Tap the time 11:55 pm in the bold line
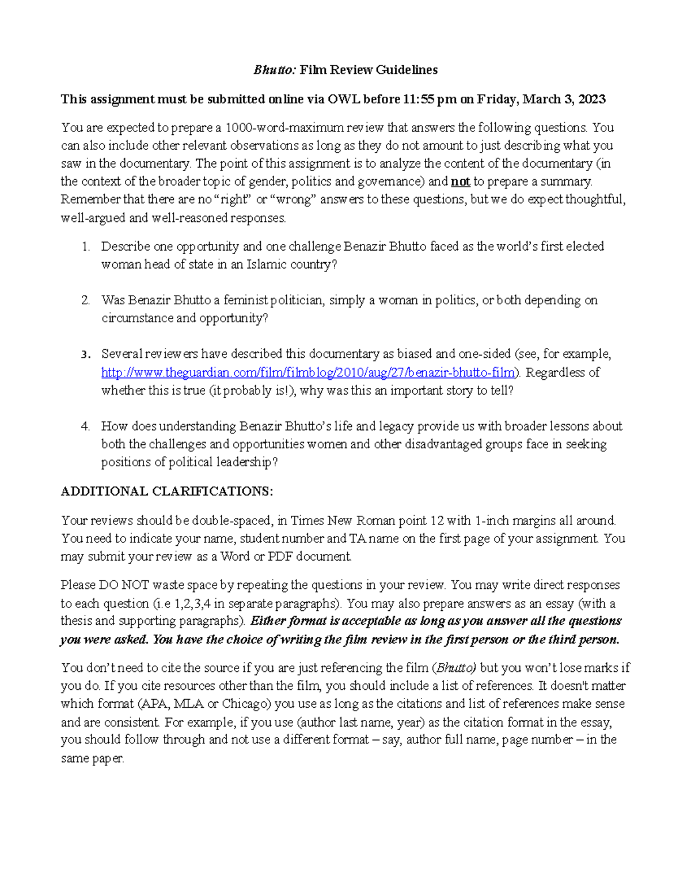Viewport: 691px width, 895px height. click(x=430, y=99)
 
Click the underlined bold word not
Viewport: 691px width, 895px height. click(x=460, y=182)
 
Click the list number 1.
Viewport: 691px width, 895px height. click(x=85, y=247)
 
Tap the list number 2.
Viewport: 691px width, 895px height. click(x=85, y=300)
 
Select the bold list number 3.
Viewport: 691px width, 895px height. click(x=85, y=354)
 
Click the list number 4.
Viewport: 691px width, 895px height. click(x=85, y=426)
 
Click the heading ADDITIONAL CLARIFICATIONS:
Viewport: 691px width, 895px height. click(x=167, y=492)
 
